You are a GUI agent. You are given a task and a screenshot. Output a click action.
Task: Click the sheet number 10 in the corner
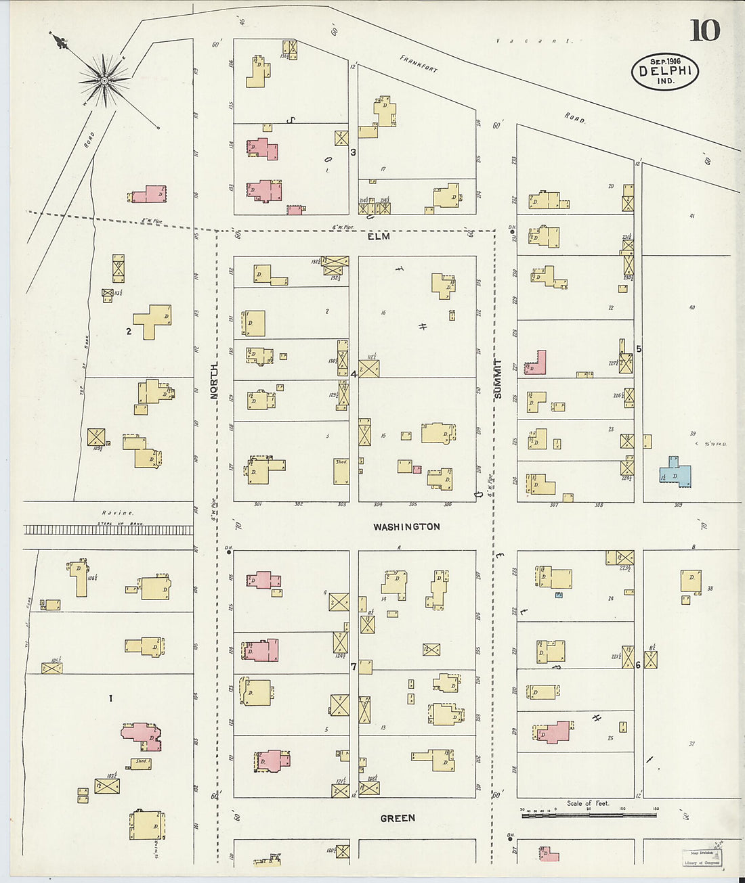coord(704,30)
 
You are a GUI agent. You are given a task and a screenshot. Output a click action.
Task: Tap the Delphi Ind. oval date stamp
coord(664,71)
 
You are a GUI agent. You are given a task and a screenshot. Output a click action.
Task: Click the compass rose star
coord(104,81)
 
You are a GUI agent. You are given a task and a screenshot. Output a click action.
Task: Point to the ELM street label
coord(379,237)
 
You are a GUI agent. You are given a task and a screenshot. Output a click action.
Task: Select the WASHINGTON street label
coord(406,526)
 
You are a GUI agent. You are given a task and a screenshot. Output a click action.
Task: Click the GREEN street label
coord(398,818)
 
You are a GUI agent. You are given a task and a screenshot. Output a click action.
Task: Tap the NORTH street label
coord(214,380)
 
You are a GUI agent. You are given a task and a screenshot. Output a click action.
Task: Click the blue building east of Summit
coord(676,472)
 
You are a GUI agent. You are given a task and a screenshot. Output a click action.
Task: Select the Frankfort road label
coord(419,64)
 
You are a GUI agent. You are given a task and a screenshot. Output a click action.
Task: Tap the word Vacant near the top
coord(534,41)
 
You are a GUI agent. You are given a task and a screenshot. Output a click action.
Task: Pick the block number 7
coord(354,666)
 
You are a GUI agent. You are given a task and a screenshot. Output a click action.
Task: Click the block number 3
coord(353,152)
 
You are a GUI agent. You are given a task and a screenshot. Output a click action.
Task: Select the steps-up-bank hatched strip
coord(108,530)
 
